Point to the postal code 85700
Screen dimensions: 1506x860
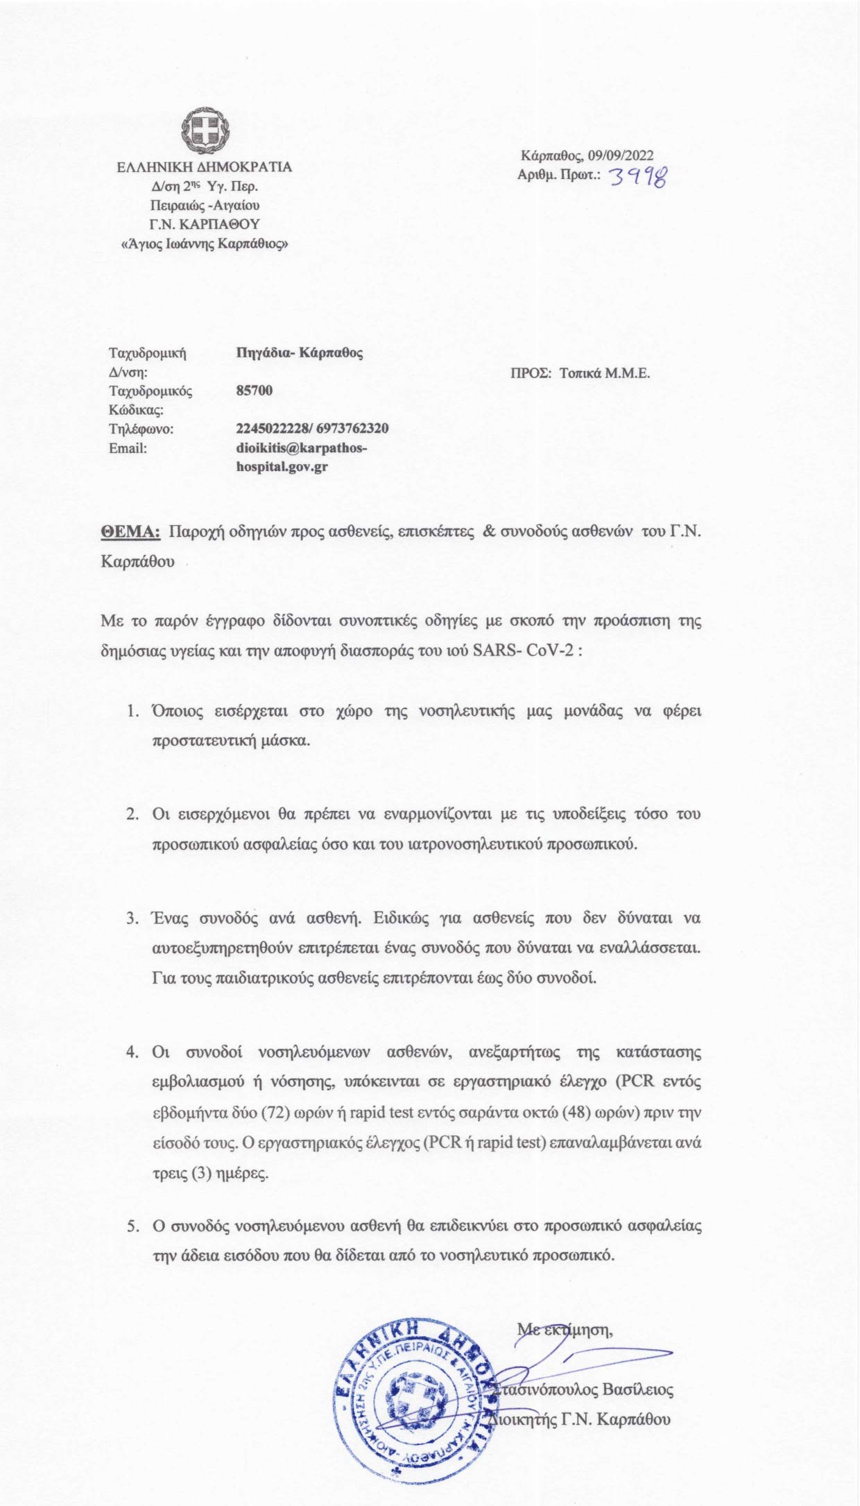coord(255,391)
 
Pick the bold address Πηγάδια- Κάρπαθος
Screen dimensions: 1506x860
coord(300,352)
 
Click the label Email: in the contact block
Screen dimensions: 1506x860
coord(128,448)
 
